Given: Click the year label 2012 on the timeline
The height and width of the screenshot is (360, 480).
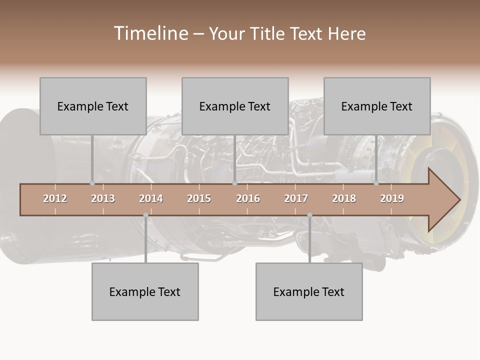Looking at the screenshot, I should (55, 198).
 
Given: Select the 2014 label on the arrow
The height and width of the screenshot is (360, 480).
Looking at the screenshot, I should (151, 198).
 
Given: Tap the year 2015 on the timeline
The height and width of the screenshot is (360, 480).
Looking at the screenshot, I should (199, 198).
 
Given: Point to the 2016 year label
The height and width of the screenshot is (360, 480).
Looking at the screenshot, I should (248, 198).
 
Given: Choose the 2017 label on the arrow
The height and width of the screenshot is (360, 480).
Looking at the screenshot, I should (296, 198).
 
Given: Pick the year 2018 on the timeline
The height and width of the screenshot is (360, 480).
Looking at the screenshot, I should (344, 198).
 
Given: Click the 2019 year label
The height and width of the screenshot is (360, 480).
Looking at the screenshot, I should (392, 198).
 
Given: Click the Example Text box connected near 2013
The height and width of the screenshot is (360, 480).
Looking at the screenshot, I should (93, 106).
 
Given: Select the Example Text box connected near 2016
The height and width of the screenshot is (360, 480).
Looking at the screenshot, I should (235, 106).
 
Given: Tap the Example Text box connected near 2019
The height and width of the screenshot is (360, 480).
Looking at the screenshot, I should (377, 106).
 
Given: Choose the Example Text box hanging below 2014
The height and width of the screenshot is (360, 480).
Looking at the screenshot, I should (145, 291).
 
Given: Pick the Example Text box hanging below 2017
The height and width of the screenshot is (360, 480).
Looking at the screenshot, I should (309, 291).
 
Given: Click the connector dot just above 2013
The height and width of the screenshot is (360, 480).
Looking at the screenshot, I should (92, 183).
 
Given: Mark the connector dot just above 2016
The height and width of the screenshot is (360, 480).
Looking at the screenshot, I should (234, 183).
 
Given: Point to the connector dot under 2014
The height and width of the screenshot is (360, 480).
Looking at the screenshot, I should (145, 215).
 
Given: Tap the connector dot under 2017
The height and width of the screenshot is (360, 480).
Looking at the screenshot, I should (309, 215).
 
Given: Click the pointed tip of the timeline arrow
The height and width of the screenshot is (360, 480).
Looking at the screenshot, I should (458, 199).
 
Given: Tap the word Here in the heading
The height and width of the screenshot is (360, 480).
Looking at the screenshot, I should (346, 34).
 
